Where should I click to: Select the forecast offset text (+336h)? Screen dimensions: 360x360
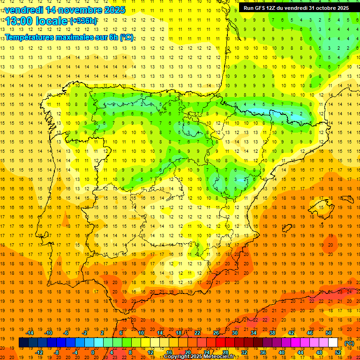[x=83, y=21]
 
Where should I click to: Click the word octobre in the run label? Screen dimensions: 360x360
[x=325, y=8]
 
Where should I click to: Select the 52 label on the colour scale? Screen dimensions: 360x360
[x=338, y=352]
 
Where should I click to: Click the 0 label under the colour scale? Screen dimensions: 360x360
[x=93, y=352]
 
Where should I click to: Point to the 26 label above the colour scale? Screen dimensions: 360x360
[x=216, y=333]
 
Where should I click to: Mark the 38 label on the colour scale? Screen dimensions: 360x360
[x=272, y=333]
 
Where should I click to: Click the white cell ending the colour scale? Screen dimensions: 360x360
[x=333, y=343]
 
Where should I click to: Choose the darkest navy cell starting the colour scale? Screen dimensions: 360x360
[x=23, y=343]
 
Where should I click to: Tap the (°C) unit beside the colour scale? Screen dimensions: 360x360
[x=349, y=343]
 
